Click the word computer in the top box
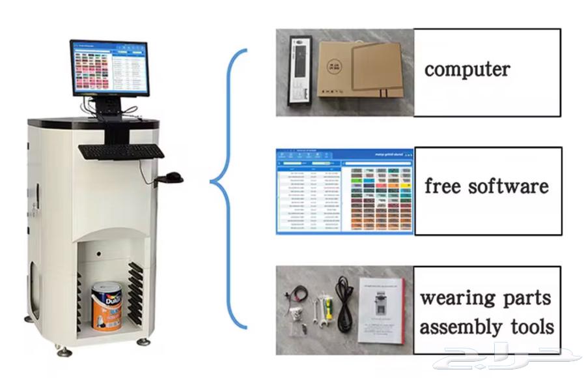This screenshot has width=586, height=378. click(x=467, y=69)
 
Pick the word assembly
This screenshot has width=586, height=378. click(x=459, y=327)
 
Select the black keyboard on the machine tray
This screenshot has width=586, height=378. click(x=121, y=151)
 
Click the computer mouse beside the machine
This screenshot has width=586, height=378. click(x=173, y=177)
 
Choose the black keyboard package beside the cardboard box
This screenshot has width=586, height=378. click(x=299, y=71)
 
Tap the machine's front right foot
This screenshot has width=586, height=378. click(x=143, y=342)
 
